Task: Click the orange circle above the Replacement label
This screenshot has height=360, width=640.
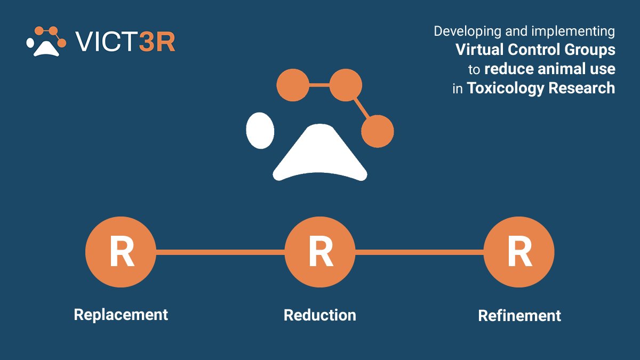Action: coord(121,252)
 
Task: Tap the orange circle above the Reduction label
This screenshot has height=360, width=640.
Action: coord(320,252)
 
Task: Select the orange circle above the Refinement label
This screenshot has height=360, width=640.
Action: coord(519,252)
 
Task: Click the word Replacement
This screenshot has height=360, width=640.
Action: coord(121,315)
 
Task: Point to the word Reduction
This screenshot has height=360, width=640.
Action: coord(319,315)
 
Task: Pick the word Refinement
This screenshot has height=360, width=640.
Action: coord(519,316)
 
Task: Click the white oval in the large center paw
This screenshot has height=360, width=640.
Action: coord(260,131)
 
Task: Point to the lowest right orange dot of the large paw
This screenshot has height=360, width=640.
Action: coord(378,131)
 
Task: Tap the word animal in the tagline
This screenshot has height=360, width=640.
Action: coord(557,69)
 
